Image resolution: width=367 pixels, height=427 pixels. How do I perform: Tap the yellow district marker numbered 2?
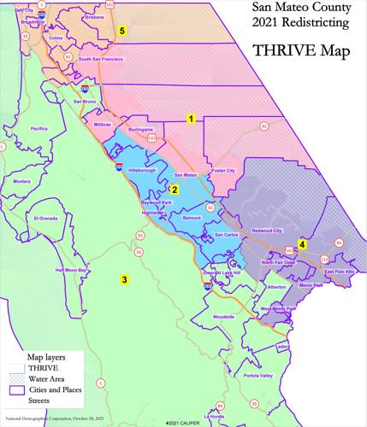[x=174, y=190]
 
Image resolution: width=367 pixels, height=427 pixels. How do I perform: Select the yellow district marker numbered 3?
[x=124, y=279]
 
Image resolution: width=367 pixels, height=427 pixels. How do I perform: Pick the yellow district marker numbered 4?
[x=302, y=244]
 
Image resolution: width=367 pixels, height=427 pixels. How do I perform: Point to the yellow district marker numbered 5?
[x=123, y=31]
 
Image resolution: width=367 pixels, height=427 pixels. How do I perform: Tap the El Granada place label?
[x=50, y=219]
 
